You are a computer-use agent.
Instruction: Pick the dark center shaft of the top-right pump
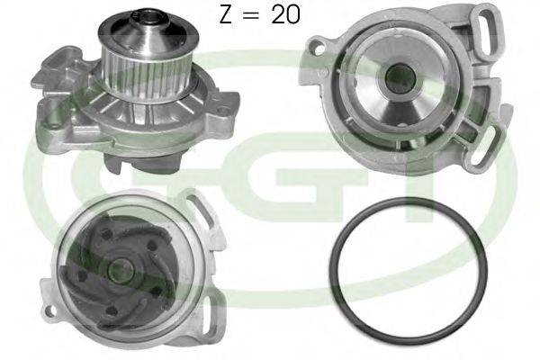(397, 80)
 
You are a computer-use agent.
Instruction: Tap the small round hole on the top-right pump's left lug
(319, 41)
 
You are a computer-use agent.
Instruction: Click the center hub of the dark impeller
(118, 267)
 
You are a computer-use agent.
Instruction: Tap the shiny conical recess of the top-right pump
(397, 99)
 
